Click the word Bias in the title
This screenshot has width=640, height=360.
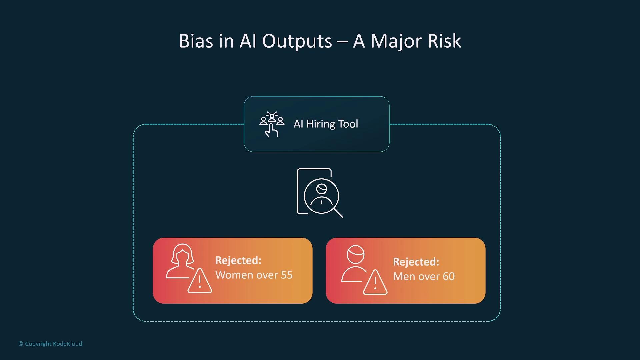pyautogui.click(x=196, y=41)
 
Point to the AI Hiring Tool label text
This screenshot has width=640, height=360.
pyautogui.click(x=326, y=124)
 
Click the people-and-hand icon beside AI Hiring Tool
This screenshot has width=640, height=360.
pyautogui.click(x=272, y=124)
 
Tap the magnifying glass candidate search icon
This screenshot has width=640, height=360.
pyautogui.click(x=320, y=193)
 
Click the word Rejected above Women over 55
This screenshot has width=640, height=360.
pyautogui.click(x=238, y=260)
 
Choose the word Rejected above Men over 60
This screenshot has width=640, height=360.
pyautogui.click(x=416, y=262)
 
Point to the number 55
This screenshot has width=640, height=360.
pyautogui.click(x=287, y=275)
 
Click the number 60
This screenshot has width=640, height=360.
pyautogui.click(x=449, y=276)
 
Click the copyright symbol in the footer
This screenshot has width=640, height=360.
pyautogui.click(x=21, y=344)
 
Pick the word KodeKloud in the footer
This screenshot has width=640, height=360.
pyautogui.click(x=67, y=344)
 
